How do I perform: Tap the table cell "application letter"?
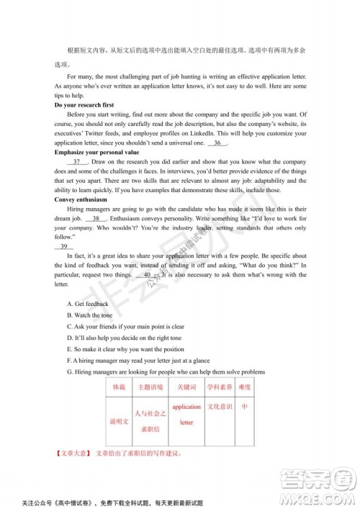tap(186, 415)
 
